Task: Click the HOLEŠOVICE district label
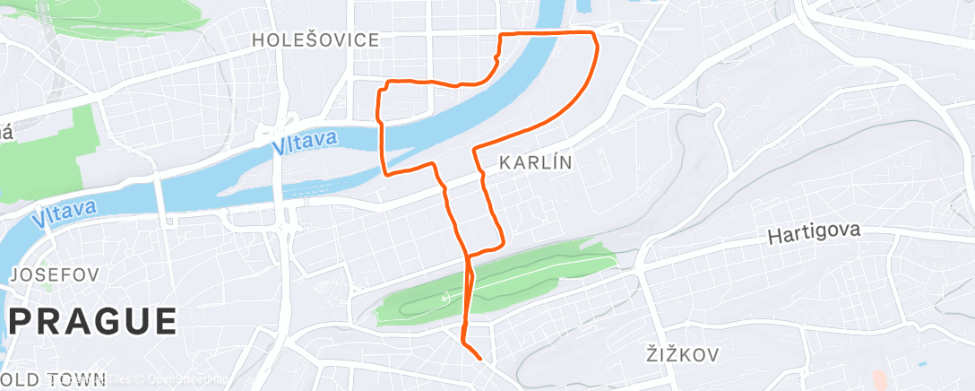click(x=315, y=39)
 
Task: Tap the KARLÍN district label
click(x=534, y=162)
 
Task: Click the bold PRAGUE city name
click(x=93, y=322)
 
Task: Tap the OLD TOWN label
click(x=54, y=379)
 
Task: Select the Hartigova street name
click(x=814, y=235)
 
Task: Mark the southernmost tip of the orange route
click(x=480, y=359)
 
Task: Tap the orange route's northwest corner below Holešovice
click(x=386, y=83)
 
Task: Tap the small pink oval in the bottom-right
click(x=877, y=381)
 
